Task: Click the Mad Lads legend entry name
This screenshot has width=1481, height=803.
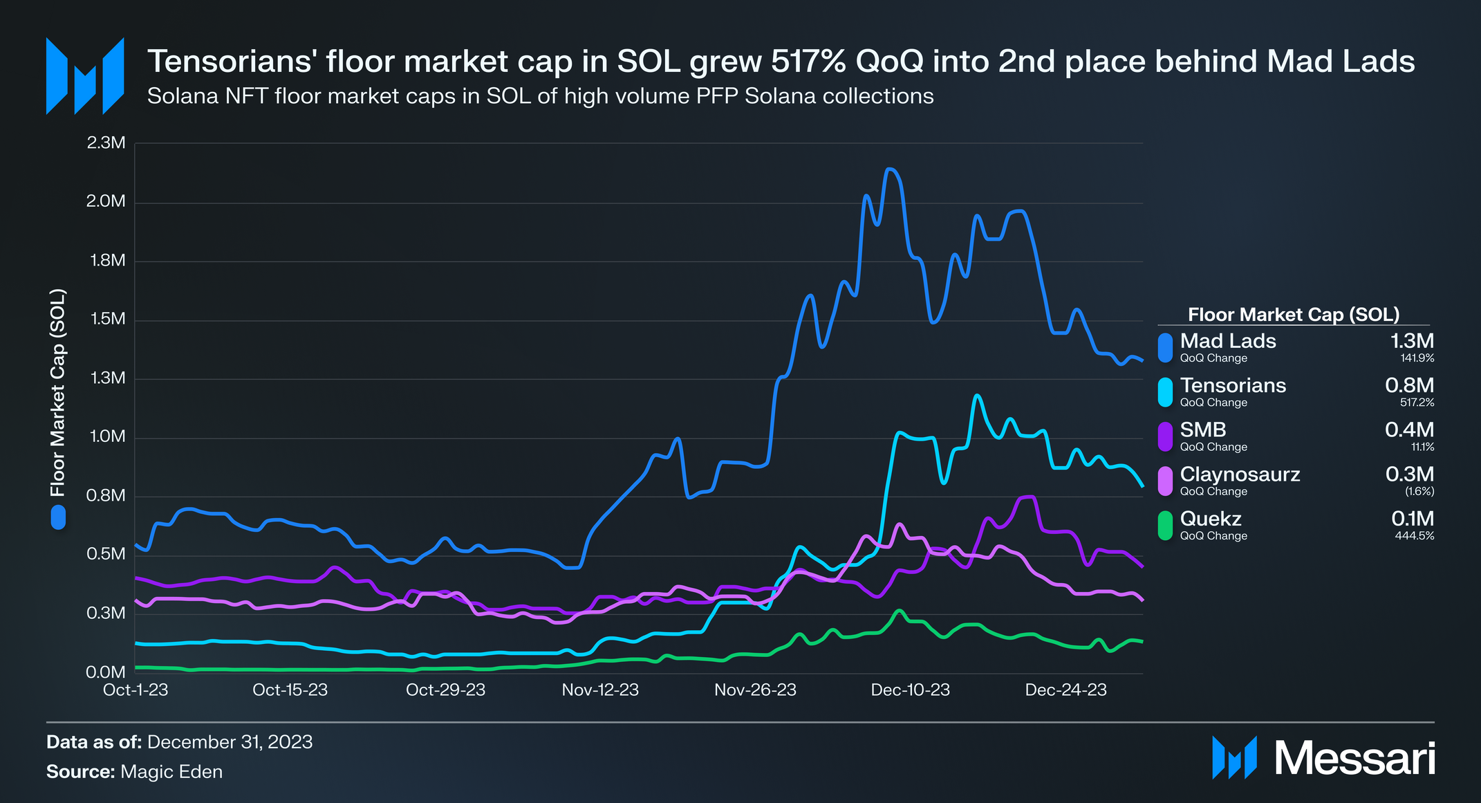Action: coord(1227,341)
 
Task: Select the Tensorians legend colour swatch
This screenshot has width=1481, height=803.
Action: coord(1165,392)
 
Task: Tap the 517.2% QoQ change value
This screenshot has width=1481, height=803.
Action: coord(1417,403)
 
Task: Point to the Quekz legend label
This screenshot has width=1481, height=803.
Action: coord(1210,519)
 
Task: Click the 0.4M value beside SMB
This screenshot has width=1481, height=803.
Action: coord(1409,430)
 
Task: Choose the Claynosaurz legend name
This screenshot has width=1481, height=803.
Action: coord(1240,474)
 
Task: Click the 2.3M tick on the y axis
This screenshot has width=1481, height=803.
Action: coord(106,143)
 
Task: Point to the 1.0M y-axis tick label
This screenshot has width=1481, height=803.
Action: coord(106,437)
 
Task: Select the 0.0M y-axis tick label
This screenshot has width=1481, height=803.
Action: coord(106,672)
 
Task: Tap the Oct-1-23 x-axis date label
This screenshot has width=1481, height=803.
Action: coord(136,690)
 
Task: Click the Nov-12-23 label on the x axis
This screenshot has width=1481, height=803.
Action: coord(600,690)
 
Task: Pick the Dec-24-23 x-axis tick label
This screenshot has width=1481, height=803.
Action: coord(1065,690)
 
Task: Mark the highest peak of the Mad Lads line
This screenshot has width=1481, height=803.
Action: coord(891,169)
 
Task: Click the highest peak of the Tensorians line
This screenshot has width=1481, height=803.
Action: coord(977,396)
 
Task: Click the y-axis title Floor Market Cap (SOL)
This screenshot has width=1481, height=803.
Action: coord(58,393)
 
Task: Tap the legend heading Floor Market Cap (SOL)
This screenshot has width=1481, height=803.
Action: coord(1293,315)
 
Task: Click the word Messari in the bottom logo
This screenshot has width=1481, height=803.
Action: coord(1354,759)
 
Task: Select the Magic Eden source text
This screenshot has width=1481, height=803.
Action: coord(171,772)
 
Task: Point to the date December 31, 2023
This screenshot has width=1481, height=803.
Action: coord(230,742)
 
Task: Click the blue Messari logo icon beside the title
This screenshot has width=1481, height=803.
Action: coord(85,76)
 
